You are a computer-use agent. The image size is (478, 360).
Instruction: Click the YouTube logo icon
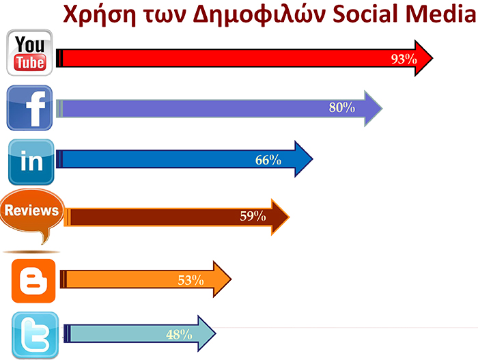[x=29, y=53]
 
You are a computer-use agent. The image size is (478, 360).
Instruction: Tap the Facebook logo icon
[x=29, y=108]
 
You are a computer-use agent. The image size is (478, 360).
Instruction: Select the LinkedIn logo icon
[x=31, y=162]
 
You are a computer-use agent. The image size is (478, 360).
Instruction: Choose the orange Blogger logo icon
[x=33, y=281]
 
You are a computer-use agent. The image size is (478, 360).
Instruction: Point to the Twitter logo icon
[x=35, y=335]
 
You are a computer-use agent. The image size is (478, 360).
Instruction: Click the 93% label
[x=404, y=59]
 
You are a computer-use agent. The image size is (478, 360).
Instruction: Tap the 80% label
[x=341, y=107]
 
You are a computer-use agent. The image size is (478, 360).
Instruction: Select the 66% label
[x=268, y=160]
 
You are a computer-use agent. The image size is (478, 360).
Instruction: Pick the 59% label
[x=253, y=217]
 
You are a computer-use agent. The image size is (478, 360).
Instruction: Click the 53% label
[x=191, y=280]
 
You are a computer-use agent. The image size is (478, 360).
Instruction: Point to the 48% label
[x=179, y=335]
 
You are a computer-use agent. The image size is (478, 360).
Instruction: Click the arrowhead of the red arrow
[x=423, y=58]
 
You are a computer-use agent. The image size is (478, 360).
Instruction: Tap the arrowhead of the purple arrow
[x=373, y=109]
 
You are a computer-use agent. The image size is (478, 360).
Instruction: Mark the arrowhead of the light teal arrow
[x=207, y=333]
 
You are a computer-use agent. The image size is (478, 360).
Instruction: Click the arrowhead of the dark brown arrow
[x=280, y=217]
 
